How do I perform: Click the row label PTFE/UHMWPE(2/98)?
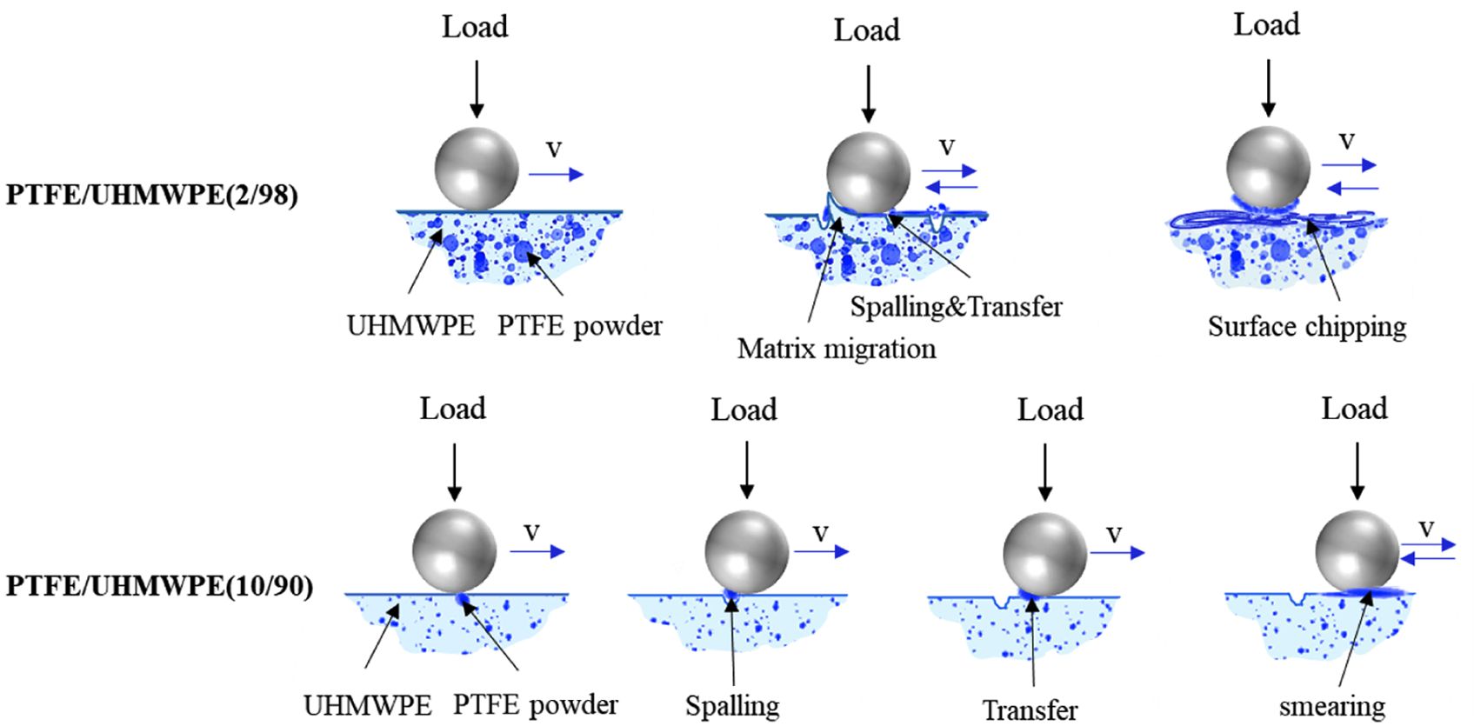(152, 195)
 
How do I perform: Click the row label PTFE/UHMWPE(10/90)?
(159, 586)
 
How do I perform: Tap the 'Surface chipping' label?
(1306, 327)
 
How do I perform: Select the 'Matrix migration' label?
(837, 349)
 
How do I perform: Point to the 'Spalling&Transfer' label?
(956, 306)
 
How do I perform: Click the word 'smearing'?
(1331, 707)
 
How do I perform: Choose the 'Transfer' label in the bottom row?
(1030, 710)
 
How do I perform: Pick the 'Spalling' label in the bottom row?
(732, 706)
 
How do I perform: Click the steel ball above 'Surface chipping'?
(1268, 168)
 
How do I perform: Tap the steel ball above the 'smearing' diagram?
(1356, 551)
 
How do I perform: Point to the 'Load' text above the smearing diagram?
(1354, 409)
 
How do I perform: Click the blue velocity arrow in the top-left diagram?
(556, 175)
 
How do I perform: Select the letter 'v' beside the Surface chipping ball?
(1347, 141)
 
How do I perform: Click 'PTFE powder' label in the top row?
(579, 326)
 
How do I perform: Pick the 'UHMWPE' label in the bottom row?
(367, 705)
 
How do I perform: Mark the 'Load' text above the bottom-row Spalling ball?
(744, 410)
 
